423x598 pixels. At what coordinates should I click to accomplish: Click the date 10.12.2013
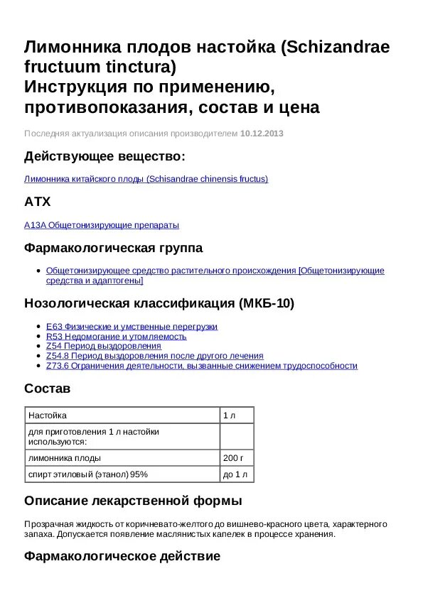pyautogui.click(x=262, y=134)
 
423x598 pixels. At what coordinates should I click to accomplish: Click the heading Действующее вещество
pyautogui.click(x=105, y=156)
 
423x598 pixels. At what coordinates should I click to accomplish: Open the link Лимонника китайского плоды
pyautogui.click(x=146, y=179)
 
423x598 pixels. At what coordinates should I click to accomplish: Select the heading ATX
pyautogui.click(x=38, y=202)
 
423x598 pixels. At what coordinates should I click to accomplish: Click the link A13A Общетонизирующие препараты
pyautogui.click(x=102, y=225)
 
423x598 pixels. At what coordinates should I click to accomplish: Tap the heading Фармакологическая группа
pyautogui.click(x=113, y=248)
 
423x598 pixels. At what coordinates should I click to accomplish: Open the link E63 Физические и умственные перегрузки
pyautogui.click(x=132, y=327)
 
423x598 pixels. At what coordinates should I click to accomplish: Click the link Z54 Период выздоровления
pyautogui.click(x=104, y=346)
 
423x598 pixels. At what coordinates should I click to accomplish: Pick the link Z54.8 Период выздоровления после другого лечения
pyautogui.click(x=154, y=356)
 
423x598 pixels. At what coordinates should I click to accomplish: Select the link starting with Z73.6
pyautogui.click(x=201, y=366)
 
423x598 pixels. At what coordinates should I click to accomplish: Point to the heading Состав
pyautogui.click(x=48, y=388)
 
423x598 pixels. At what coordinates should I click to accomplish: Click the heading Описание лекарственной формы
pyautogui.click(x=133, y=500)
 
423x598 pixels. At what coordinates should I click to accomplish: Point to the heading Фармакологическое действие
pyautogui.click(x=122, y=556)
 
